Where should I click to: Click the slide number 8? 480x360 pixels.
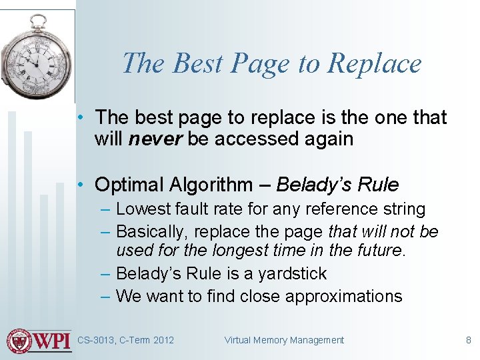[468, 340]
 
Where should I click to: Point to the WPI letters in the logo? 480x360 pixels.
[52, 341]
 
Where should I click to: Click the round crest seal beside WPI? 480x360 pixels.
[19, 341]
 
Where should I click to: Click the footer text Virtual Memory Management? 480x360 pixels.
[284, 340]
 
